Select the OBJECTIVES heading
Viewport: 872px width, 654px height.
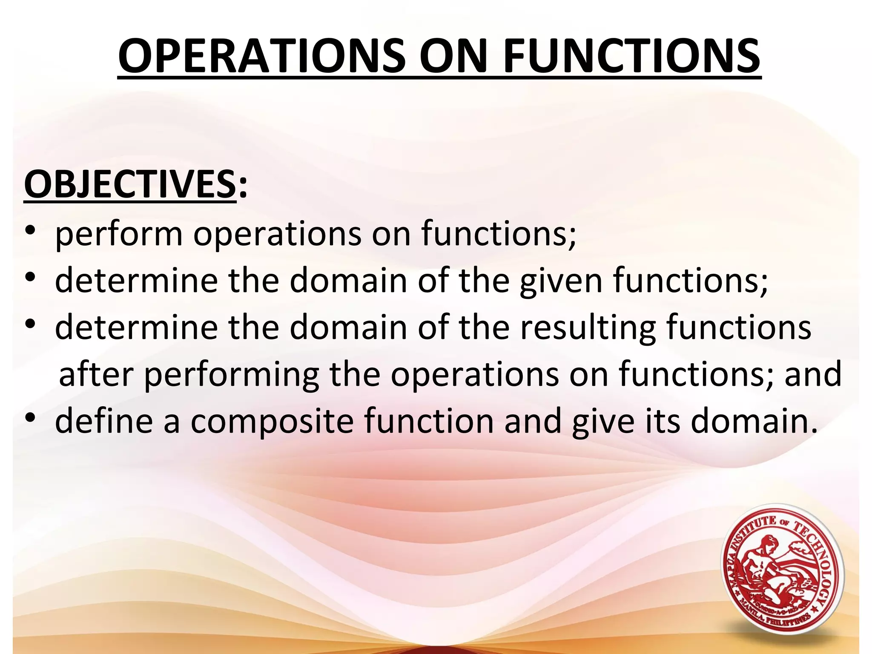click(x=130, y=184)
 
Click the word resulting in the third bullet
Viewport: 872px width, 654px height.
click(x=588, y=328)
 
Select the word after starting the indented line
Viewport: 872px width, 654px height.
click(x=96, y=374)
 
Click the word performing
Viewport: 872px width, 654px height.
click(x=232, y=375)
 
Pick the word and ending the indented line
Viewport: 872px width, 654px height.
click(x=813, y=374)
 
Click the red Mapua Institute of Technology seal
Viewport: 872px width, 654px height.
click(x=782, y=571)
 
